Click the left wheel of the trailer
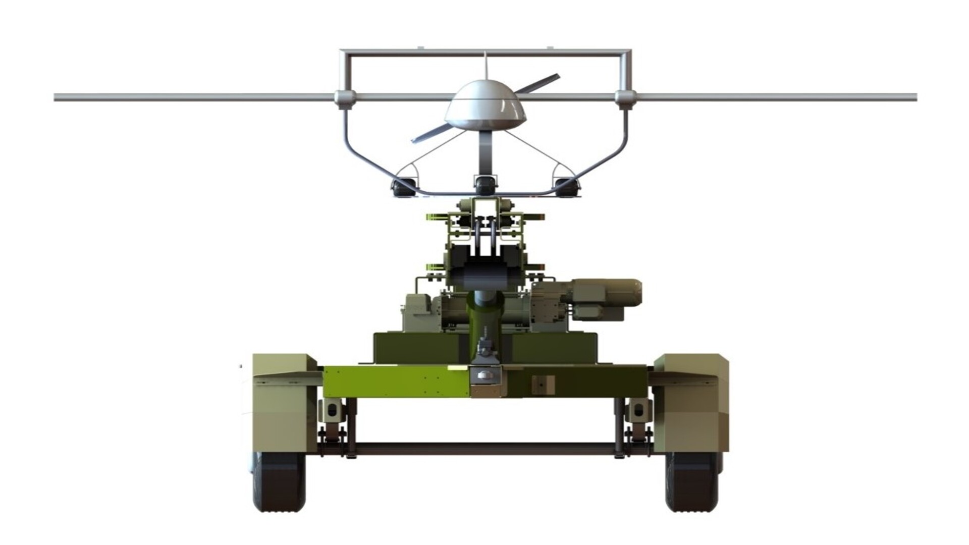click(x=279, y=482)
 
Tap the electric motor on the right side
click(x=606, y=293)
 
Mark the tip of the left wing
click(x=57, y=97)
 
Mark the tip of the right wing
click(x=914, y=97)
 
